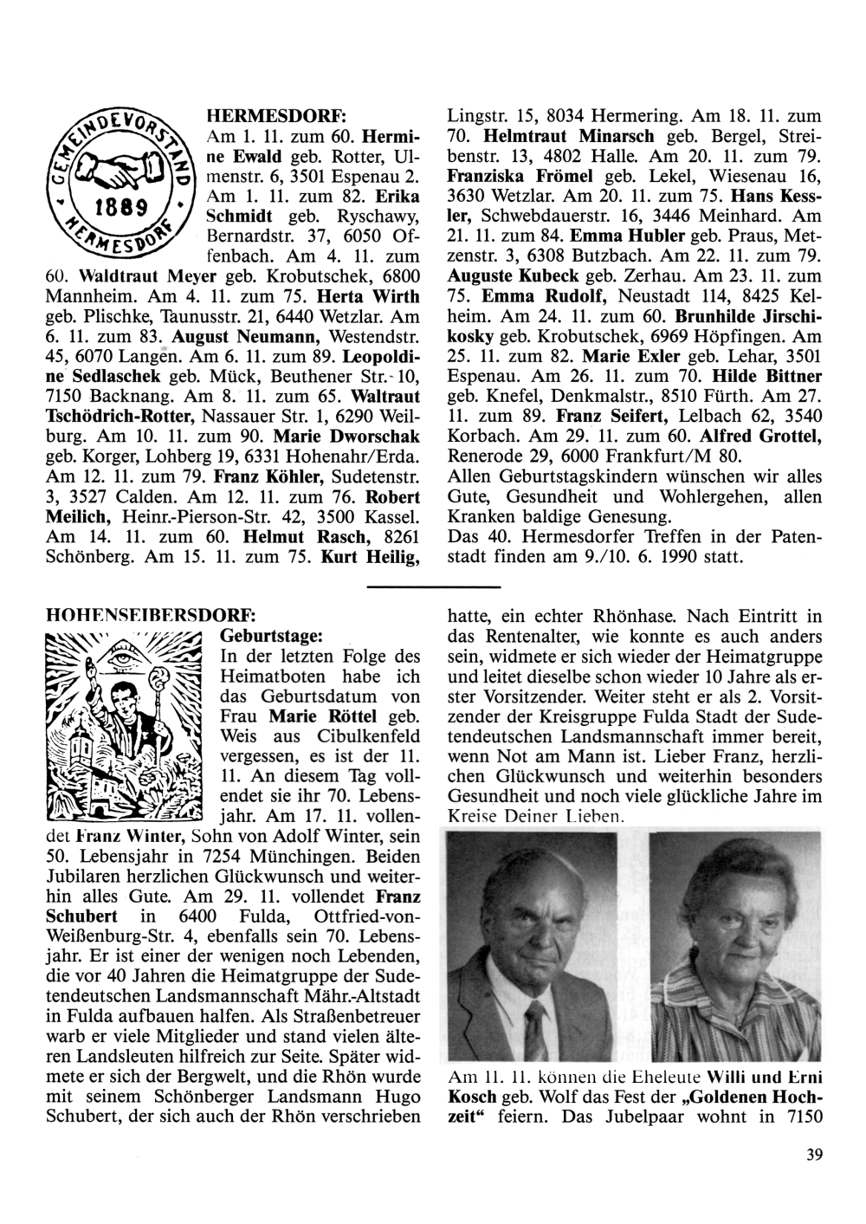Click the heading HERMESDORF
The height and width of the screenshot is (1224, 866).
click(275, 115)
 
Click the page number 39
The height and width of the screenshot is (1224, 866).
click(812, 1153)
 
